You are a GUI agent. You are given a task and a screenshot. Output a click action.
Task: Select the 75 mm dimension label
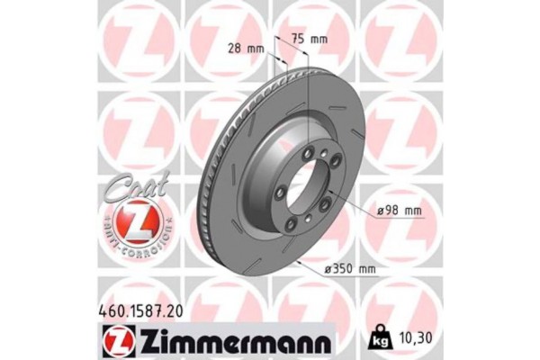click(x=311, y=39)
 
